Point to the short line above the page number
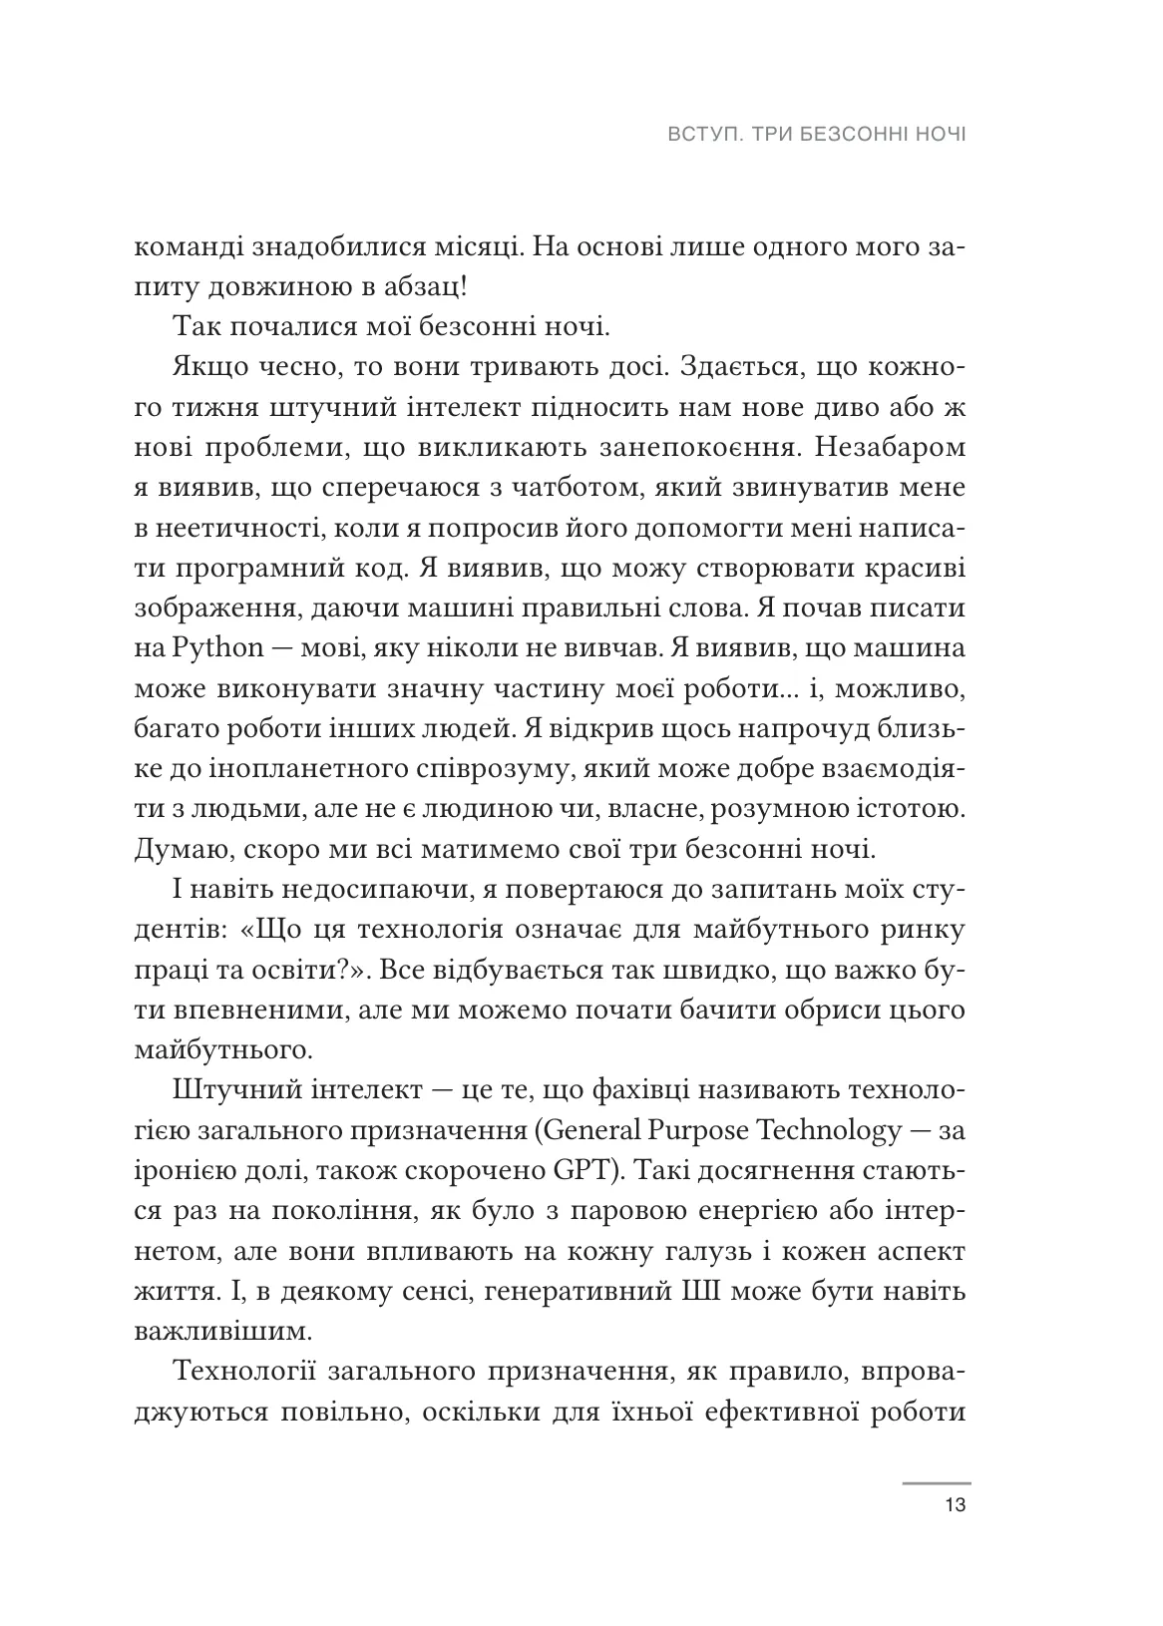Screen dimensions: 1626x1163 936,1483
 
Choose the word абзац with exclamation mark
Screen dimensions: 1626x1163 421,287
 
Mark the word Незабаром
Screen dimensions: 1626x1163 891,448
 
